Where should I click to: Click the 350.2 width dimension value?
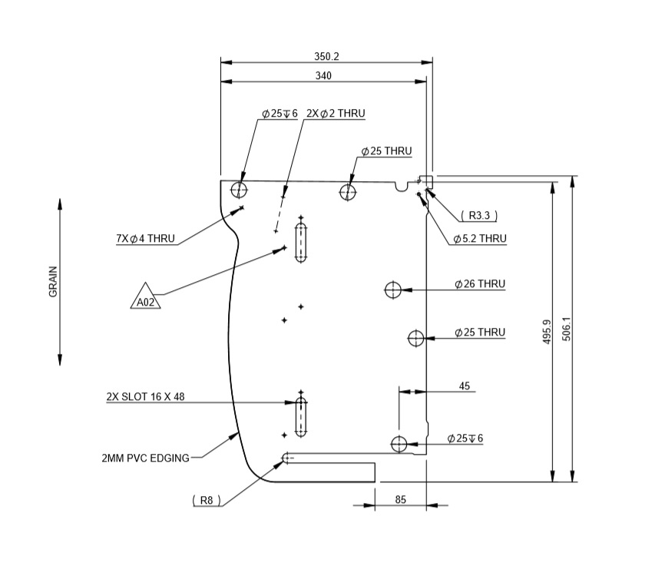click(326, 56)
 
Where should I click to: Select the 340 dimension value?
click(323, 75)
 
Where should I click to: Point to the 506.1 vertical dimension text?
click(567, 332)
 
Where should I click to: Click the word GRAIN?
click(54, 282)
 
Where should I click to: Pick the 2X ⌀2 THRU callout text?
click(335, 113)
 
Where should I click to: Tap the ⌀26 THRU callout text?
click(480, 284)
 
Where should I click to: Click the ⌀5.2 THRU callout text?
click(480, 240)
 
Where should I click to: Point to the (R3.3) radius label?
click(479, 215)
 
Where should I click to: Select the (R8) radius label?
click(207, 500)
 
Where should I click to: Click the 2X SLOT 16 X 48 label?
click(145, 397)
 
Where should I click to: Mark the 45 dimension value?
click(464, 386)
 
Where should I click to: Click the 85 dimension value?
click(400, 500)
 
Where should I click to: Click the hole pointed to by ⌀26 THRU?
click(393, 290)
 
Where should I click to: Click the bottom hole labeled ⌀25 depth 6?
click(399, 444)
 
